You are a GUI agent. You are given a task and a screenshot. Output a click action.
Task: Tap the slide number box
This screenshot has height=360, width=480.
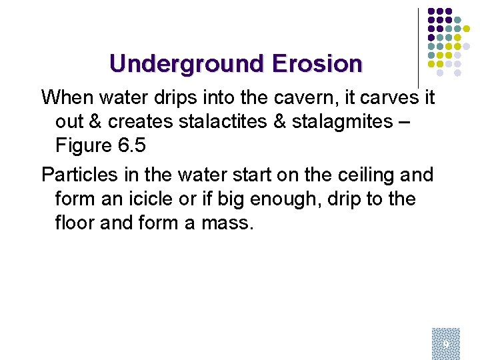pos(445,341)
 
